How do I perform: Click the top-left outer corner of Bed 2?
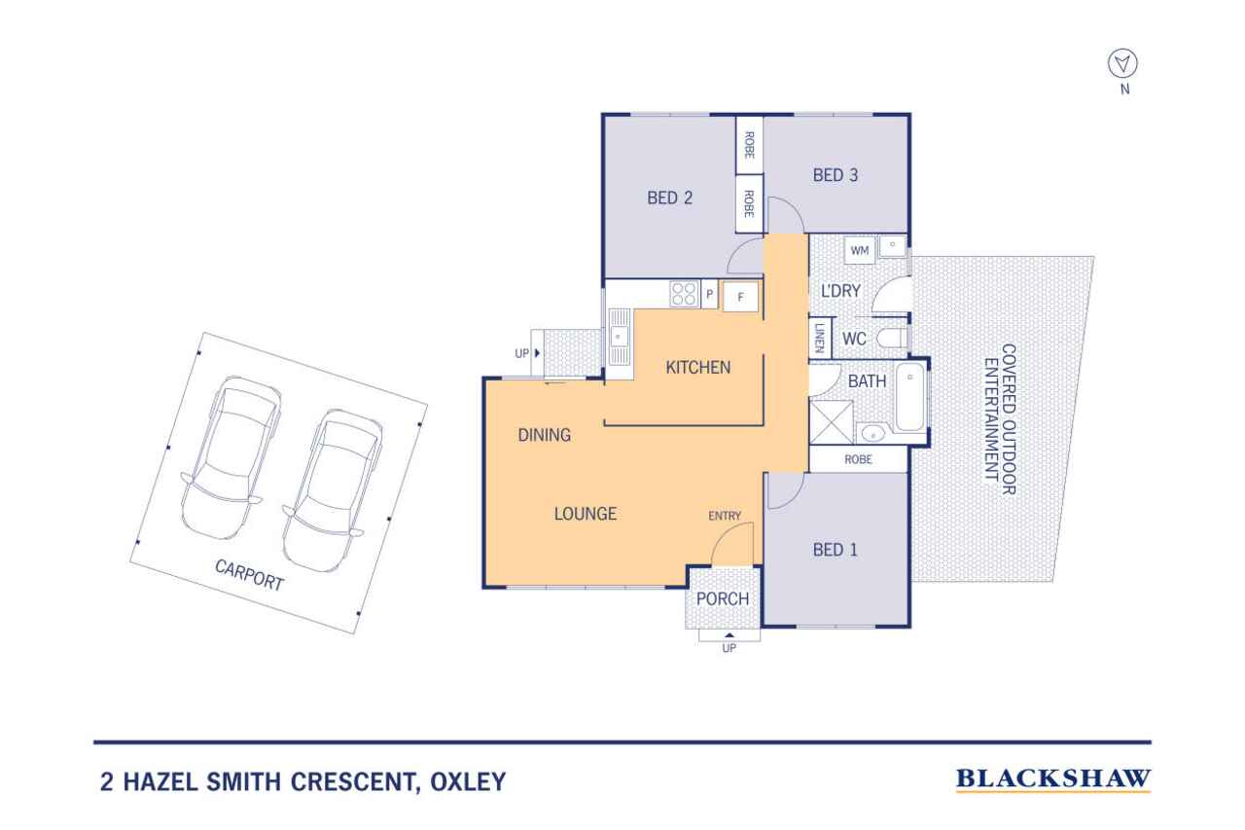pos(602,114)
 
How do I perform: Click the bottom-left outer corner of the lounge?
pos(483,587)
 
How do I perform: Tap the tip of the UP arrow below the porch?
pos(729,633)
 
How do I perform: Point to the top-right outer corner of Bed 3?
pos(909,114)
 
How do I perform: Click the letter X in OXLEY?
pos(456,781)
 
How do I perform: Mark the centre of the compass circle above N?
pos(1122,63)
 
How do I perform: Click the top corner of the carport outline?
pos(205,333)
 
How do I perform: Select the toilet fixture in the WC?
pos(891,338)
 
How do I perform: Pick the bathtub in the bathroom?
pos(909,397)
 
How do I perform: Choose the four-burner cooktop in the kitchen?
pos(684,294)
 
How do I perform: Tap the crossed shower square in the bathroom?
pos(831,422)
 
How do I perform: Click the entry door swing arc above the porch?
pos(732,544)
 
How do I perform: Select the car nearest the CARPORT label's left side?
pos(230,457)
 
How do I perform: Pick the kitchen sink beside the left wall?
pos(618,337)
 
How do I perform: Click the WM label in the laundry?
pos(859,250)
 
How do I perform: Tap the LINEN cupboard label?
pos(819,338)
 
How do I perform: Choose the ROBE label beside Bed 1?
pos(858,459)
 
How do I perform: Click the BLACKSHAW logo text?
pos(1053,778)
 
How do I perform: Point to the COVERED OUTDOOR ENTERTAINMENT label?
pos(1001,419)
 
